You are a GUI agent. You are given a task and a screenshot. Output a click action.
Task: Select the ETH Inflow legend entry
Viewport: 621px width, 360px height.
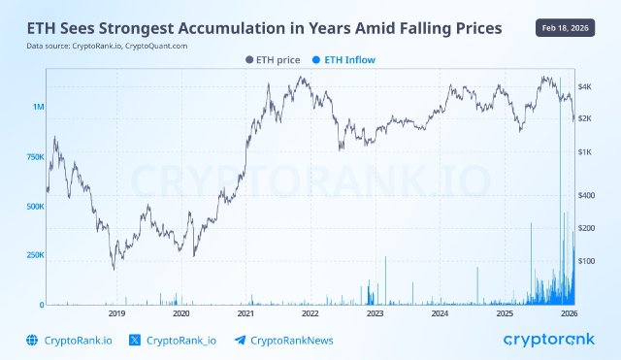[x=343, y=59]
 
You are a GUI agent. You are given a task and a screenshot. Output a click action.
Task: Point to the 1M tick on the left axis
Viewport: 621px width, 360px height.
[x=38, y=107]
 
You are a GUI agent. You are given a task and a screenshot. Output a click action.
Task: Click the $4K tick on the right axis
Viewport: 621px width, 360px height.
[x=587, y=86]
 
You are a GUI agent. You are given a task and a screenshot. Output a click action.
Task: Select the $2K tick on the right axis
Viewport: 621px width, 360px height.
[x=587, y=118]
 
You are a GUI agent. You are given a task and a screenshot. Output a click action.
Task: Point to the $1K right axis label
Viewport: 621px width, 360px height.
[x=587, y=152]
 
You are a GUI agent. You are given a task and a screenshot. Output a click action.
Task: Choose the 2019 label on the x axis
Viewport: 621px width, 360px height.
[x=116, y=314]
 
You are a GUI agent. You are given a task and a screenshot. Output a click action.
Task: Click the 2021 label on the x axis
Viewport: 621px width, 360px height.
[x=245, y=314]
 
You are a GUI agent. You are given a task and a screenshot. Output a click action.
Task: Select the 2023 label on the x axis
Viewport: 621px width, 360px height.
[x=376, y=314]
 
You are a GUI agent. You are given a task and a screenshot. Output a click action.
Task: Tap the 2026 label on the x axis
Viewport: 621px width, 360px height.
[x=569, y=314]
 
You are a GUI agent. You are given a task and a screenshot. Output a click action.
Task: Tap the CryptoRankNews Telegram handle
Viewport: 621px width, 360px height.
[x=286, y=340]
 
